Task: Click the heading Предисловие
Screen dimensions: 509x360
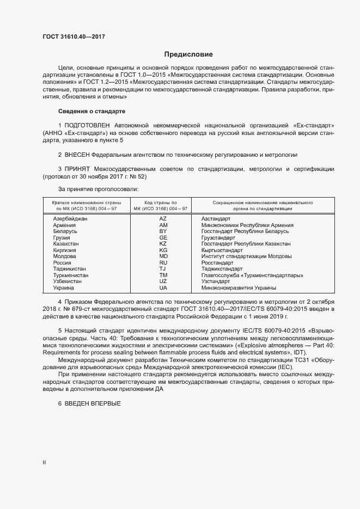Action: pyautogui.click(x=189, y=54)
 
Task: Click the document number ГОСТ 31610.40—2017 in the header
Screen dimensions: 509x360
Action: pyautogui.click(x=74, y=37)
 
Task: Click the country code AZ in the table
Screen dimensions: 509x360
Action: pyautogui.click(x=163, y=218)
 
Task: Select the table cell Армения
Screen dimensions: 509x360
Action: pyautogui.click(x=65, y=225)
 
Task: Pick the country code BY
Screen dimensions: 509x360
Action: pyautogui.click(x=163, y=231)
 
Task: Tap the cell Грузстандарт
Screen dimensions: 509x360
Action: pyautogui.click(x=218, y=237)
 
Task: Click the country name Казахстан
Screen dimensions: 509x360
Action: pyautogui.click(x=66, y=244)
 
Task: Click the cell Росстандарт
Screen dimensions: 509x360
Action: pyautogui.click(x=217, y=262)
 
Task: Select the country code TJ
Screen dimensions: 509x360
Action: pyautogui.click(x=163, y=269)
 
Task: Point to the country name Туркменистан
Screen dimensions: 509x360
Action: pyautogui.click(x=71, y=275)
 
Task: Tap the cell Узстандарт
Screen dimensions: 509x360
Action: pyautogui.click(x=216, y=281)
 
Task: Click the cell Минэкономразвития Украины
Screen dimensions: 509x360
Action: pyautogui.click(x=239, y=288)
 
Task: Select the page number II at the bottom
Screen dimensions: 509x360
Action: pyautogui.click(x=45, y=463)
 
